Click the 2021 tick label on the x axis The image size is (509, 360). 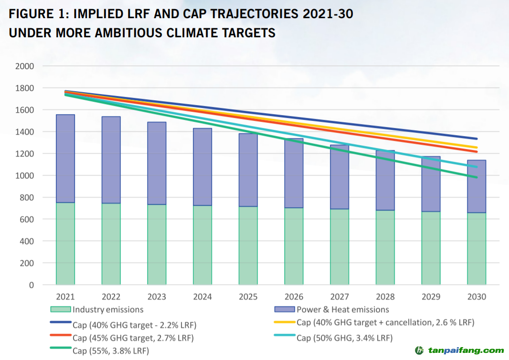click(65, 297)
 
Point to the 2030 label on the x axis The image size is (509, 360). click(477, 297)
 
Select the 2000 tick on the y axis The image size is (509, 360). click(25, 66)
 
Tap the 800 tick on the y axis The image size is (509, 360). click(27, 197)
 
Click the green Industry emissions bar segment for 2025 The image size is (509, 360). click(248, 246)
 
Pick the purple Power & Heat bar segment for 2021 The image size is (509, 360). click(65, 159)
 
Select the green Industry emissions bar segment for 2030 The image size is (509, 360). click(477, 249)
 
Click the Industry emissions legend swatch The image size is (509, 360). click(60, 309)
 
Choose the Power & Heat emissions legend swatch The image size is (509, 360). click(285, 309)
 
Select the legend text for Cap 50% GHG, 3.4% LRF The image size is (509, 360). click(344, 338)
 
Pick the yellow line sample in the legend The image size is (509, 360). click(285, 322)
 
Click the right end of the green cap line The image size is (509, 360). click(477, 177)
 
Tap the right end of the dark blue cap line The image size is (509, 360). click(477, 138)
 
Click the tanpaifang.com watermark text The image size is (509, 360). click(465, 350)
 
